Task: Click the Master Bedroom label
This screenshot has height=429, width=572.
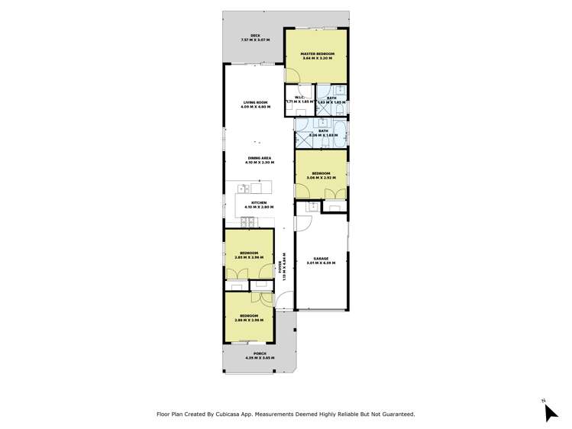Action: click(x=315, y=53)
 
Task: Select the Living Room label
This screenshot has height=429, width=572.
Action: click(x=255, y=102)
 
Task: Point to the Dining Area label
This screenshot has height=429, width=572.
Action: click(x=260, y=158)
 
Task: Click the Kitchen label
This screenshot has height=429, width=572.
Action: click(x=259, y=202)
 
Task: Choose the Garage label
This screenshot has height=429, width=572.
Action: click(x=321, y=258)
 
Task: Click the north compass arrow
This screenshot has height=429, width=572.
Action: click(x=551, y=411)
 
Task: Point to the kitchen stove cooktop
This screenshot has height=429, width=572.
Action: click(x=248, y=223)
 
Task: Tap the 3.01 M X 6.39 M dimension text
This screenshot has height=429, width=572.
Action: click(x=321, y=263)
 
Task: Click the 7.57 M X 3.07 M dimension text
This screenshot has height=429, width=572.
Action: click(x=256, y=40)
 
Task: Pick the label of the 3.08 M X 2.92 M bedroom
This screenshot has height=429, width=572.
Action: click(x=320, y=173)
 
